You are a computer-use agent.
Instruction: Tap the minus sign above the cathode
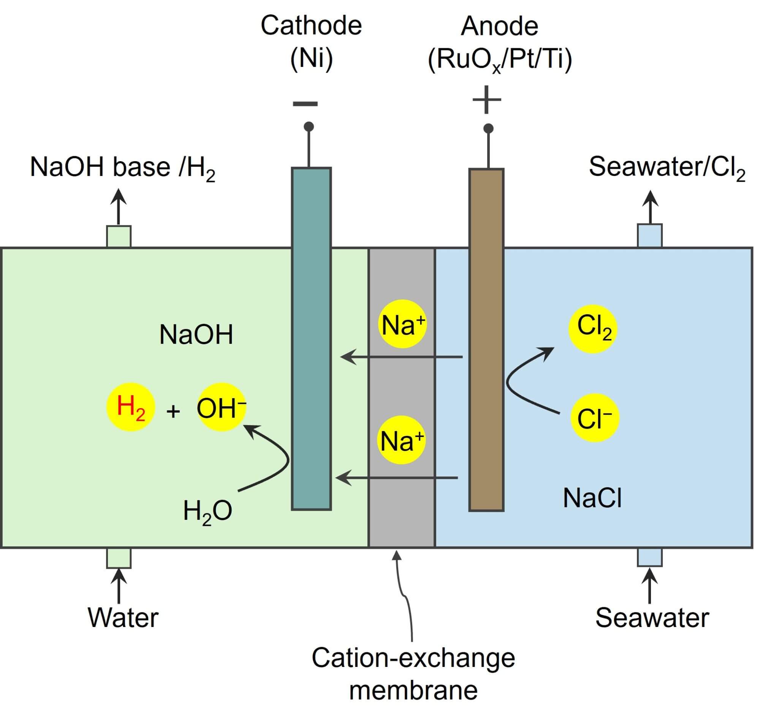(x=305, y=103)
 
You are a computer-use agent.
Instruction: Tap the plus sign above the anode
(x=486, y=100)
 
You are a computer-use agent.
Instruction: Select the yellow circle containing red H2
(x=130, y=407)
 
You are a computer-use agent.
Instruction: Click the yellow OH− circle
(x=221, y=407)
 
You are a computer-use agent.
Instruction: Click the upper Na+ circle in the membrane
(x=402, y=324)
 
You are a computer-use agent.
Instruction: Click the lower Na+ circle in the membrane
(x=401, y=440)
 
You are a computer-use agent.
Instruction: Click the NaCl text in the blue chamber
(x=592, y=498)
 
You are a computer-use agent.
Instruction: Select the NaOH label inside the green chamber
(x=196, y=334)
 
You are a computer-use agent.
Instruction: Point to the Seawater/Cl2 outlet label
(x=667, y=168)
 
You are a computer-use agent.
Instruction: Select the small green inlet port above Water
(x=119, y=558)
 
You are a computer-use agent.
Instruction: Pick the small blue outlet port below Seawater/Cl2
(x=649, y=235)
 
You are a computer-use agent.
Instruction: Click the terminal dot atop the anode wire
(x=488, y=128)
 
